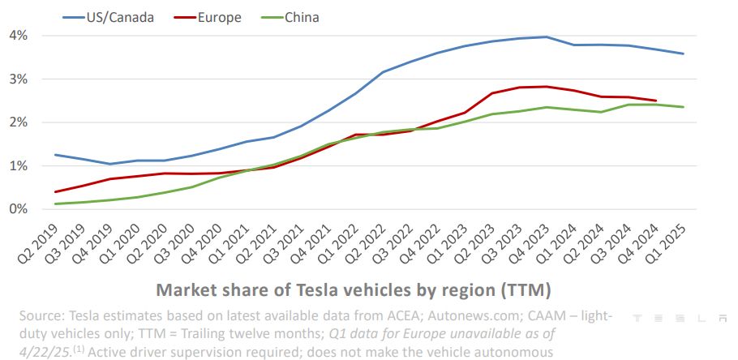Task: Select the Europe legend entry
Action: pos(218,17)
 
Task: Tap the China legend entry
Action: pos(300,17)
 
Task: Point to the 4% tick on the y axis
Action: pos(18,36)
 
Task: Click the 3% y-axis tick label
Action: pos(18,79)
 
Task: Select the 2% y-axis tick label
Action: pos(18,122)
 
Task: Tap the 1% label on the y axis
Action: pos(18,166)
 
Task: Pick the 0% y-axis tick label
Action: pos(18,209)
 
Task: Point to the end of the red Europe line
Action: pos(656,101)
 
